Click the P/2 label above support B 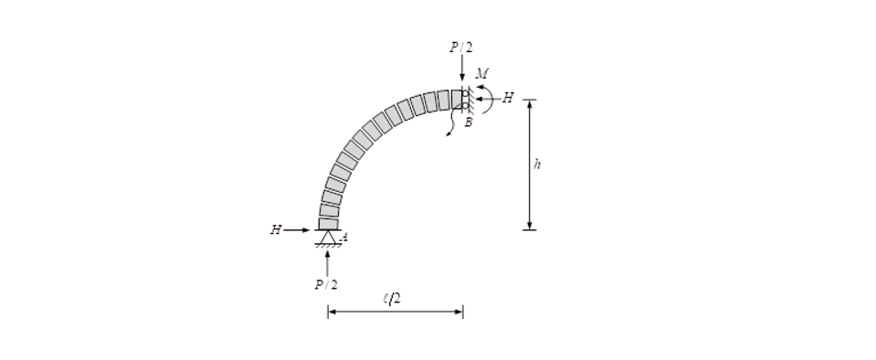point(461,47)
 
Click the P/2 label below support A point(326,284)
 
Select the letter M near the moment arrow point(480,73)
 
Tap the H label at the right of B point(509,98)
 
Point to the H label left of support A point(275,230)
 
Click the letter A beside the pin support point(343,238)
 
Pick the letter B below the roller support point(468,122)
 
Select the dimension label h point(538,164)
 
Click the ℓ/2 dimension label point(393,298)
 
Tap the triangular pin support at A point(327,237)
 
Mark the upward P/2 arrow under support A point(327,262)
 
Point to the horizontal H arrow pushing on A point(299,230)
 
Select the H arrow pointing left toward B point(488,98)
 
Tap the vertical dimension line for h point(529,164)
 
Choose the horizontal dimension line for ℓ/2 point(395,312)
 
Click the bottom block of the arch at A point(328,223)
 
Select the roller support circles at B point(465,99)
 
